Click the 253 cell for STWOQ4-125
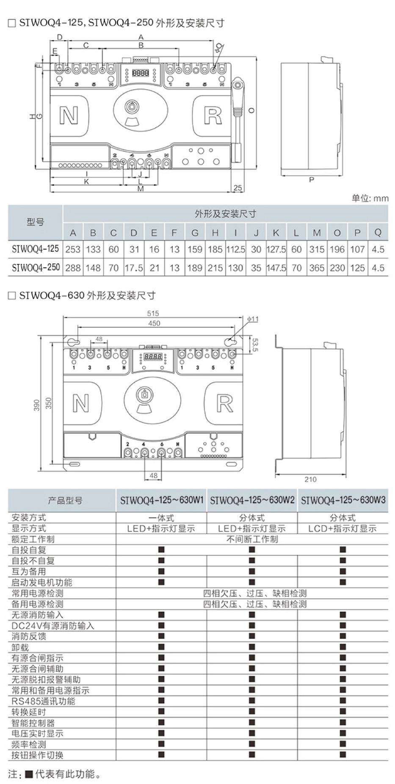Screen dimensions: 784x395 (x=73, y=249)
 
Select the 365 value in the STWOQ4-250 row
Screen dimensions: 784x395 (x=317, y=268)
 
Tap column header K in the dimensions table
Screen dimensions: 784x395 (x=276, y=233)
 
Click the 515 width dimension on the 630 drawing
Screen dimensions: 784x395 (x=153, y=313)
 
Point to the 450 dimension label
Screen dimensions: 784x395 (x=154, y=323)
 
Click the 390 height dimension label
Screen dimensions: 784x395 (x=37, y=405)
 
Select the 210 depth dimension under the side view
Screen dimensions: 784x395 (x=310, y=479)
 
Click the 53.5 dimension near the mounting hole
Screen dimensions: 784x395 (x=255, y=344)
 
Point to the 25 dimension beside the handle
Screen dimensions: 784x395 (x=238, y=188)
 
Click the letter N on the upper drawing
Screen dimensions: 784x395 (x=69, y=115)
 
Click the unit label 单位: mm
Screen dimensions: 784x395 (x=370, y=198)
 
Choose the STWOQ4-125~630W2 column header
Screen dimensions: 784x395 (x=252, y=500)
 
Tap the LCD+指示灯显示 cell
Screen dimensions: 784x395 (x=343, y=529)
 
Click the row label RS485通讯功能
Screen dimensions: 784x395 (x=43, y=701)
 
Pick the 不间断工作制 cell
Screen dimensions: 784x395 (x=252, y=539)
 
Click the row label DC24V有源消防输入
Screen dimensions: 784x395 (x=52, y=625)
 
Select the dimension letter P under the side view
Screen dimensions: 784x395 (x=312, y=180)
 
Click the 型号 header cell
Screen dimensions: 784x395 (x=36, y=222)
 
